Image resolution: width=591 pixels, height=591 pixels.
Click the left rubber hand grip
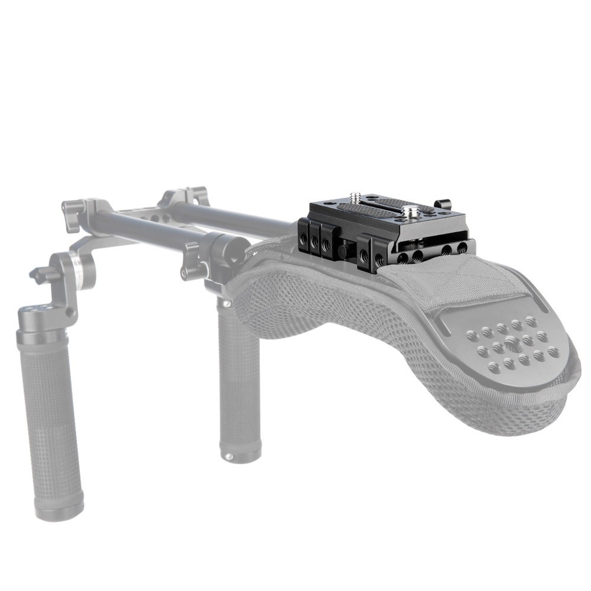pos(50,414)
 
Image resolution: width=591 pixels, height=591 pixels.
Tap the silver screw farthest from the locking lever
pos(356,197)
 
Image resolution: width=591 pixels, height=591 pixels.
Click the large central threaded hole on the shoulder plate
pos(512,343)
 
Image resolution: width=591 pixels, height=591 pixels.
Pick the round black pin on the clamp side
pos(343,251)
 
